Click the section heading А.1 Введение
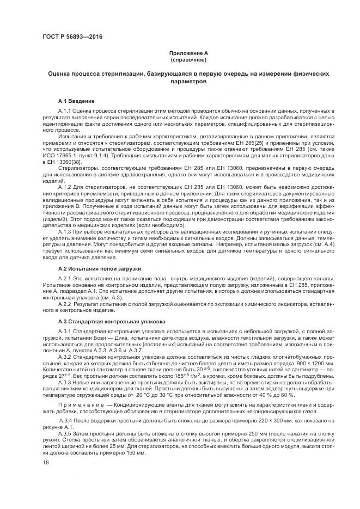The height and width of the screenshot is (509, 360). pyautogui.click(x=76, y=101)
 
